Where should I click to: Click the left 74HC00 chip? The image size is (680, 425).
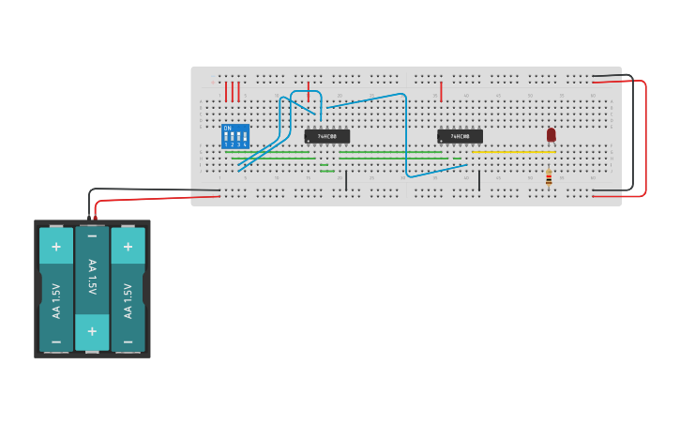pos(327,136)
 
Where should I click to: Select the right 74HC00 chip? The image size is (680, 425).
pos(461,136)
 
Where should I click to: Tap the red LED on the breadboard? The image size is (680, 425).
pos(551,135)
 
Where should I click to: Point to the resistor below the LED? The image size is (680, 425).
pos(549,178)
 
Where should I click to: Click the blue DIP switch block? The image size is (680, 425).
pos(235,136)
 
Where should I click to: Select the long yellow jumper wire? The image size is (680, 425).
pos(514,152)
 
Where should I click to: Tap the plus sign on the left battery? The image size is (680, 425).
pos(55,247)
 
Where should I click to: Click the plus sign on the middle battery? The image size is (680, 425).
pos(92,331)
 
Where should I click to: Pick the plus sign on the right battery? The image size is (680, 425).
pos(128,247)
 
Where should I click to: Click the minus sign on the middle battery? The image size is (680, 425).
pos(92,236)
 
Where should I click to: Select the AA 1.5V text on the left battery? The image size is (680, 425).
pos(55,300)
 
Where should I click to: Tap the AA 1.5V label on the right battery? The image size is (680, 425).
pos(128,300)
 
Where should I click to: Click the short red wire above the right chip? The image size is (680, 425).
pos(441,91)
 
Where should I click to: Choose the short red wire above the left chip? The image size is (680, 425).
pos(308,91)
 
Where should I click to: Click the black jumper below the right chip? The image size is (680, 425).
pos(479,180)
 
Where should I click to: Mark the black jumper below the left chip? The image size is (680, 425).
pos(346,180)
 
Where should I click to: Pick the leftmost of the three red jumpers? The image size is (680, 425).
pos(226,91)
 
